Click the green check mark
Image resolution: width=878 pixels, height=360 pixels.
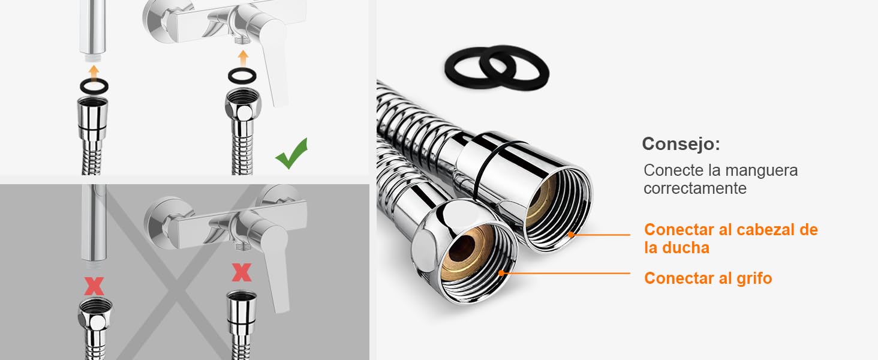291,155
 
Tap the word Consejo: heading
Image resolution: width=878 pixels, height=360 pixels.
681,144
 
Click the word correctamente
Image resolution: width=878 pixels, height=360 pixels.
694,188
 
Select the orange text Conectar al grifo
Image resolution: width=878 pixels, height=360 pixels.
708,278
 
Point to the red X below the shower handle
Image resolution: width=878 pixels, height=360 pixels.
94,286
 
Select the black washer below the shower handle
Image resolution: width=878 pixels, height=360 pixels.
94,86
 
